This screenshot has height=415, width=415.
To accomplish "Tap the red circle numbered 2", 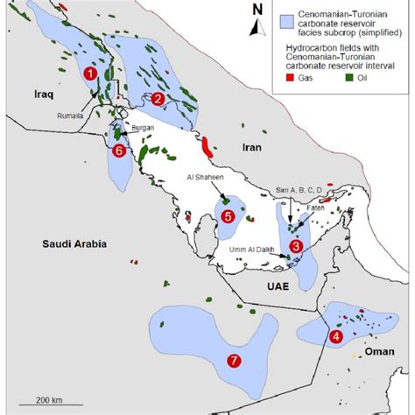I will (x=158, y=99).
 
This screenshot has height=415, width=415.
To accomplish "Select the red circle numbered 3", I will (x=297, y=248).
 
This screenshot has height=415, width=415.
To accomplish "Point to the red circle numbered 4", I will (x=336, y=335).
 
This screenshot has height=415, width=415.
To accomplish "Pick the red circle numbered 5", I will (x=227, y=215).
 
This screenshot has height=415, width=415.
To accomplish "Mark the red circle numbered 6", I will (x=120, y=151).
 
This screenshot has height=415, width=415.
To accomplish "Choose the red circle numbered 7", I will (x=233, y=361).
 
